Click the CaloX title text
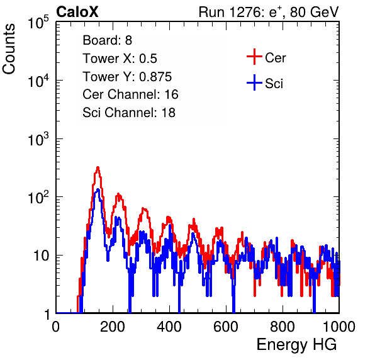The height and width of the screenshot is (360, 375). coord(77,12)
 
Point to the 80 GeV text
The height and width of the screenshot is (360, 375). coord(314,13)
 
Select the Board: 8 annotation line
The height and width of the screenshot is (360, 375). coord(107,40)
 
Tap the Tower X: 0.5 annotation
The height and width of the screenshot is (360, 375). coord(120,59)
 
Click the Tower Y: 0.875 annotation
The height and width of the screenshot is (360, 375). coord(127,77)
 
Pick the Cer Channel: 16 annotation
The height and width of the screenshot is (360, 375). coord(130,94)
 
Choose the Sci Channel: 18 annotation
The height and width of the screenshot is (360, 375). coord(129,113)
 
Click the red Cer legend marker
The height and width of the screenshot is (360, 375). coord(254,57)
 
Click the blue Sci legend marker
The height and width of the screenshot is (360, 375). coord(254,83)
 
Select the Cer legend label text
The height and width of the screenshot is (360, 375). coord(275,58)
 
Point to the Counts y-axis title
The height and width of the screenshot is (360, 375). coord(9,49)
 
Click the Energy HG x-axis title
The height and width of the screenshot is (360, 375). coord(296,345)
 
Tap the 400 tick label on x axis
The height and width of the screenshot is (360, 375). coord(169,327)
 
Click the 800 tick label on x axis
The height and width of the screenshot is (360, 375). coord(283,327)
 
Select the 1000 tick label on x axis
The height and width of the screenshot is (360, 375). coord(339,327)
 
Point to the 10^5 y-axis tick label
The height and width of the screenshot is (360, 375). coord(38,23)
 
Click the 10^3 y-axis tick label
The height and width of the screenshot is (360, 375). coord(38,139)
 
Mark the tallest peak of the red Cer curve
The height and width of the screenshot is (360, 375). coord(98,167)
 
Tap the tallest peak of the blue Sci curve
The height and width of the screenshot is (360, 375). coord(98,189)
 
